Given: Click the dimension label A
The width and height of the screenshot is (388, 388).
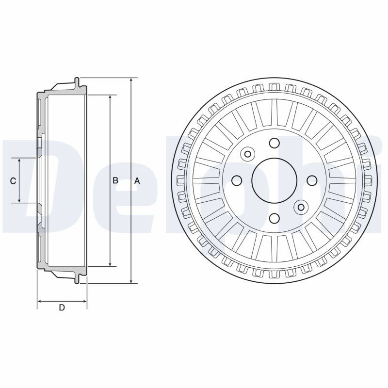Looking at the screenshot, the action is pyautogui.click(x=137, y=181).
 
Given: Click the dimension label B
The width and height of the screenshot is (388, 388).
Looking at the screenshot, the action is pyautogui.click(x=115, y=180).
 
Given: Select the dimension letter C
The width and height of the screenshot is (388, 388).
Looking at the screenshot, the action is pyautogui.click(x=13, y=181).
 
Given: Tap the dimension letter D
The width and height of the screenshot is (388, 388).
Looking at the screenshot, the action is pyautogui.click(x=62, y=307).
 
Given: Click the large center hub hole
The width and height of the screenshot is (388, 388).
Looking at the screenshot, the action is pyautogui.click(x=274, y=180).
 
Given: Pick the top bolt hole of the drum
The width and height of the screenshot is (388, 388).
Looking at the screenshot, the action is pyautogui.click(x=274, y=143).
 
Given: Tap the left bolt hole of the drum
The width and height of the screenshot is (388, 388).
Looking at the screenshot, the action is pyautogui.click(x=237, y=180).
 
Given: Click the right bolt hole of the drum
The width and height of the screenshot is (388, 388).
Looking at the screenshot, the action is pyautogui.click(x=312, y=180).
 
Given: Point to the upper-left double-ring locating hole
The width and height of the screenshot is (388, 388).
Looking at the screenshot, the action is pyautogui.click(x=247, y=154).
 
